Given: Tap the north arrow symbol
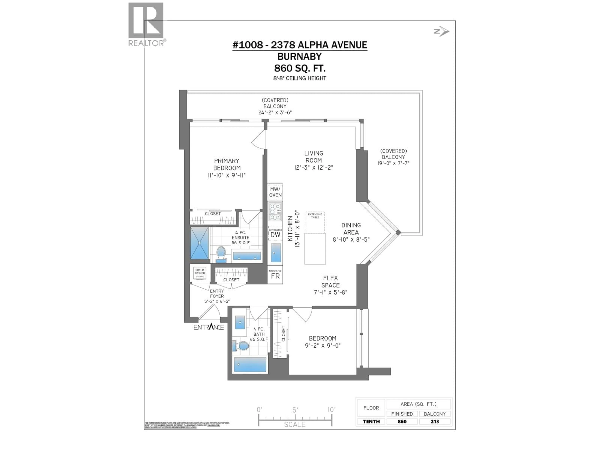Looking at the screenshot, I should (441, 31).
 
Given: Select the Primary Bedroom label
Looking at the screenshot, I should (227, 164).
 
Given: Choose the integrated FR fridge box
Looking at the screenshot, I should (275, 275).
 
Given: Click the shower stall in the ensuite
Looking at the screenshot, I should (199, 243).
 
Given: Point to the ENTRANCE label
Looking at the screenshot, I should (209, 327).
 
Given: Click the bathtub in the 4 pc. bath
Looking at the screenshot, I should (250, 364).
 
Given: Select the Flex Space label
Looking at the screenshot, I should (330, 282).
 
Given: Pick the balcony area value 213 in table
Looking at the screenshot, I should (435, 421).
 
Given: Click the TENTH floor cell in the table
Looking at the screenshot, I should (371, 421).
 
